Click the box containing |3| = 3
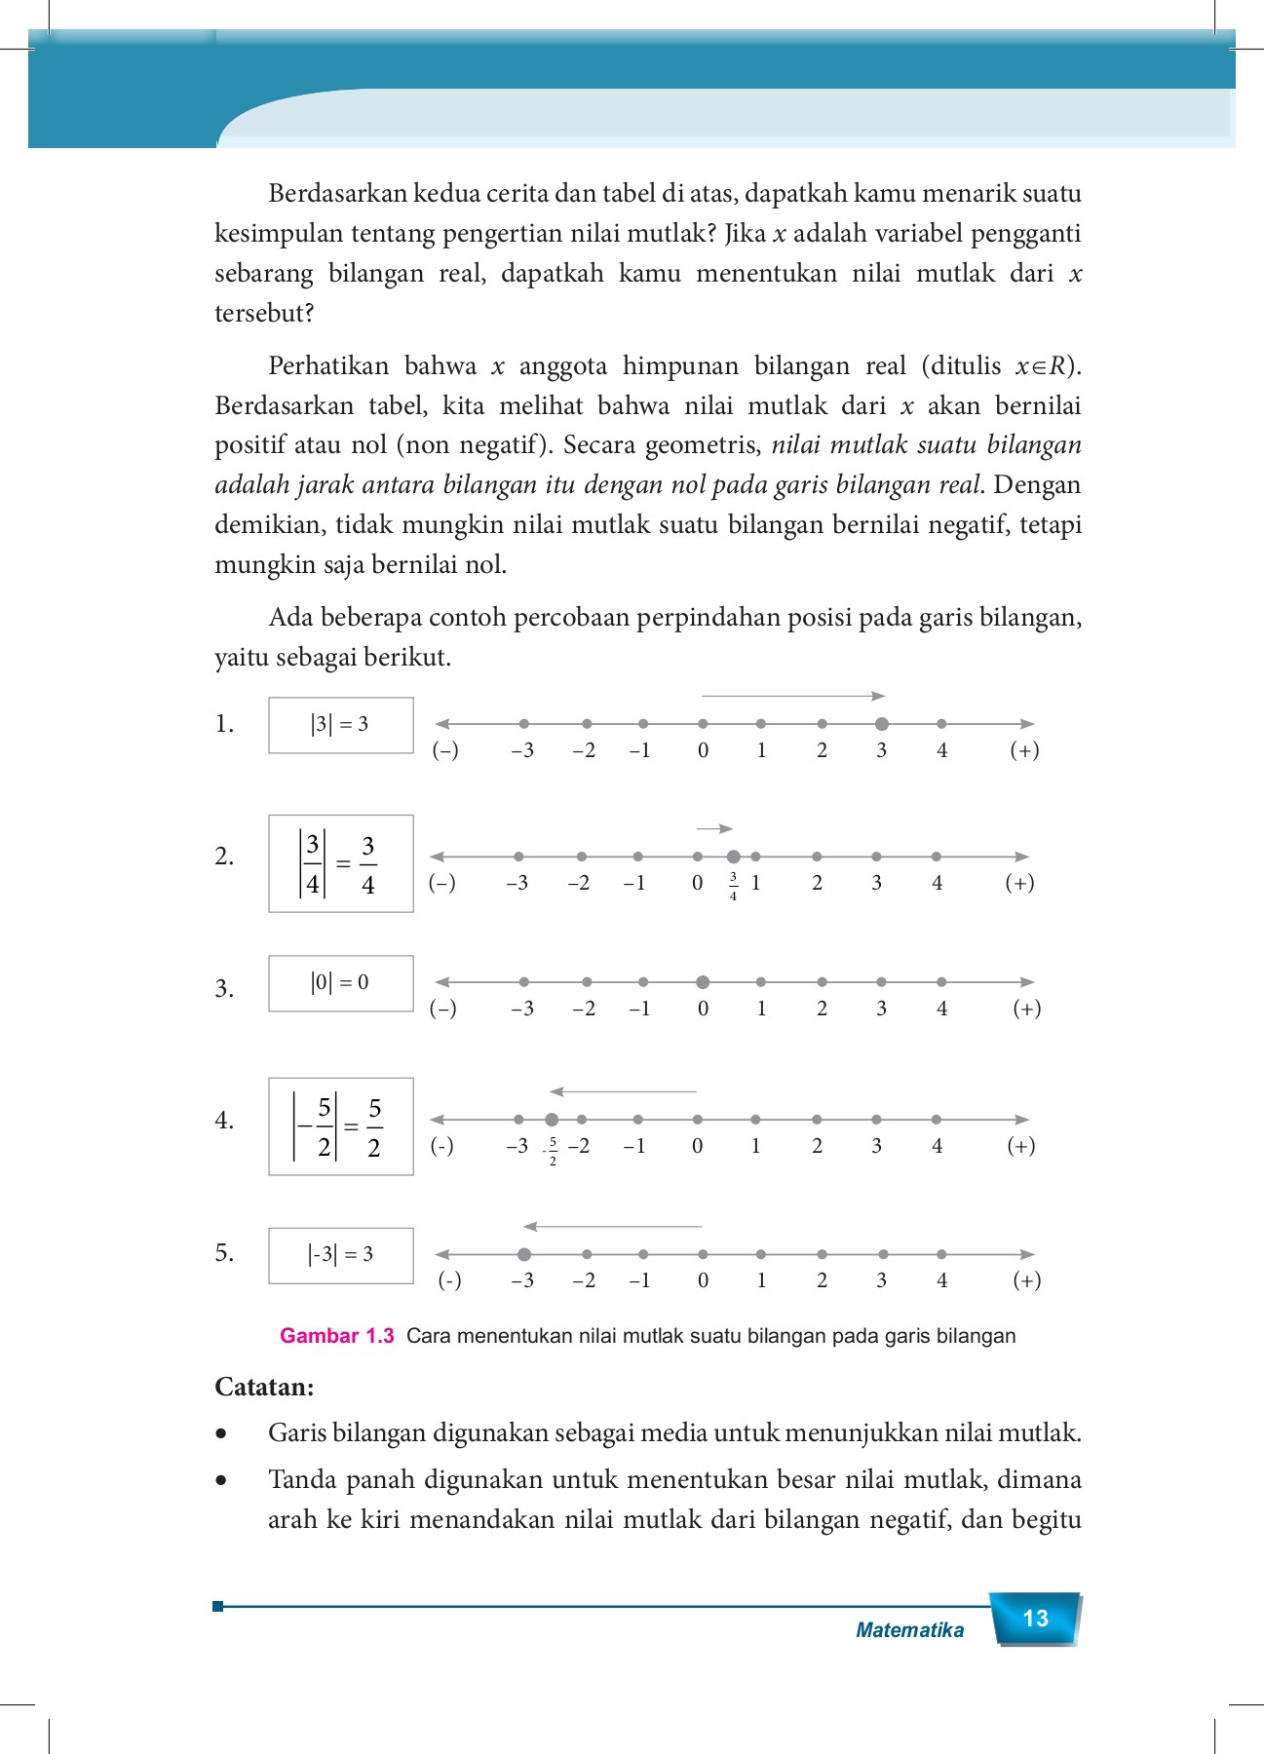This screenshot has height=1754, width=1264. [x=340, y=725]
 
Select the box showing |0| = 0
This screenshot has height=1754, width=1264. [x=340, y=983]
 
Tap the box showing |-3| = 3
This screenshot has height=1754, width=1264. [x=340, y=1255]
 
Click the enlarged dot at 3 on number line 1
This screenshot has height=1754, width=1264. [x=882, y=724]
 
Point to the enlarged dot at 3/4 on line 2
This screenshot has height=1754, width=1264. [x=734, y=857]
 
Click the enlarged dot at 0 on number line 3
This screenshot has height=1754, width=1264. [x=703, y=982]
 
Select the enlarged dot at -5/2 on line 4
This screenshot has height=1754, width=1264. [x=552, y=1120]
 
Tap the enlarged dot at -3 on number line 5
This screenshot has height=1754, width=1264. [x=524, y=1254]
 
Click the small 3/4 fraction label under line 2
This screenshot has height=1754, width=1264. [x=734, y=886]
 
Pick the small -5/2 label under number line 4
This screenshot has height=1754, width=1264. [x=552, y=1151]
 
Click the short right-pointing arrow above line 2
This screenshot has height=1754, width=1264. [x=714, y=828]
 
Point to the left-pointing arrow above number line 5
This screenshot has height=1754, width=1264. [x=612, y=1226]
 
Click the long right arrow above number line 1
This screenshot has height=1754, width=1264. [x=792, y=696]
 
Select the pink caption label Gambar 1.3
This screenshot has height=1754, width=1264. [x=336, y=1336]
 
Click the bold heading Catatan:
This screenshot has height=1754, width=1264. [x=264, y=1387]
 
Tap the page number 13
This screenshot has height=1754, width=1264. [x=1035, y=1619]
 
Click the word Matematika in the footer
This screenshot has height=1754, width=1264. [x=909, y=1630]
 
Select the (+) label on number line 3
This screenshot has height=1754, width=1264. [x=1026, y=1009]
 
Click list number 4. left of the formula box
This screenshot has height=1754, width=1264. [x=224, y=1121]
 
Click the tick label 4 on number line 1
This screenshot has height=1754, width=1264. [x=941, y=751]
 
